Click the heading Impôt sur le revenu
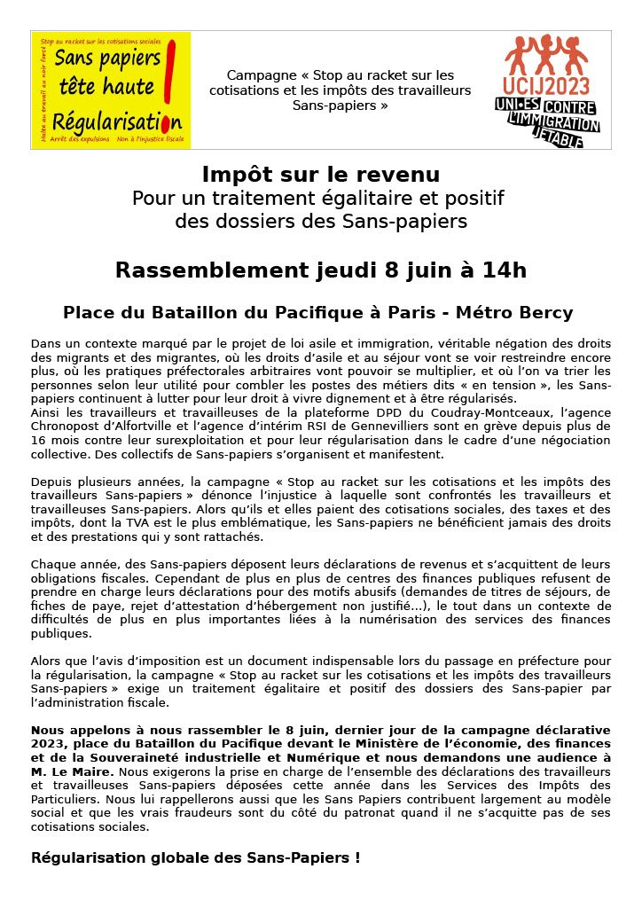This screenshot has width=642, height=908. tap(320, 174)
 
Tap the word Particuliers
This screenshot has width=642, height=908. tap(65, 799)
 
